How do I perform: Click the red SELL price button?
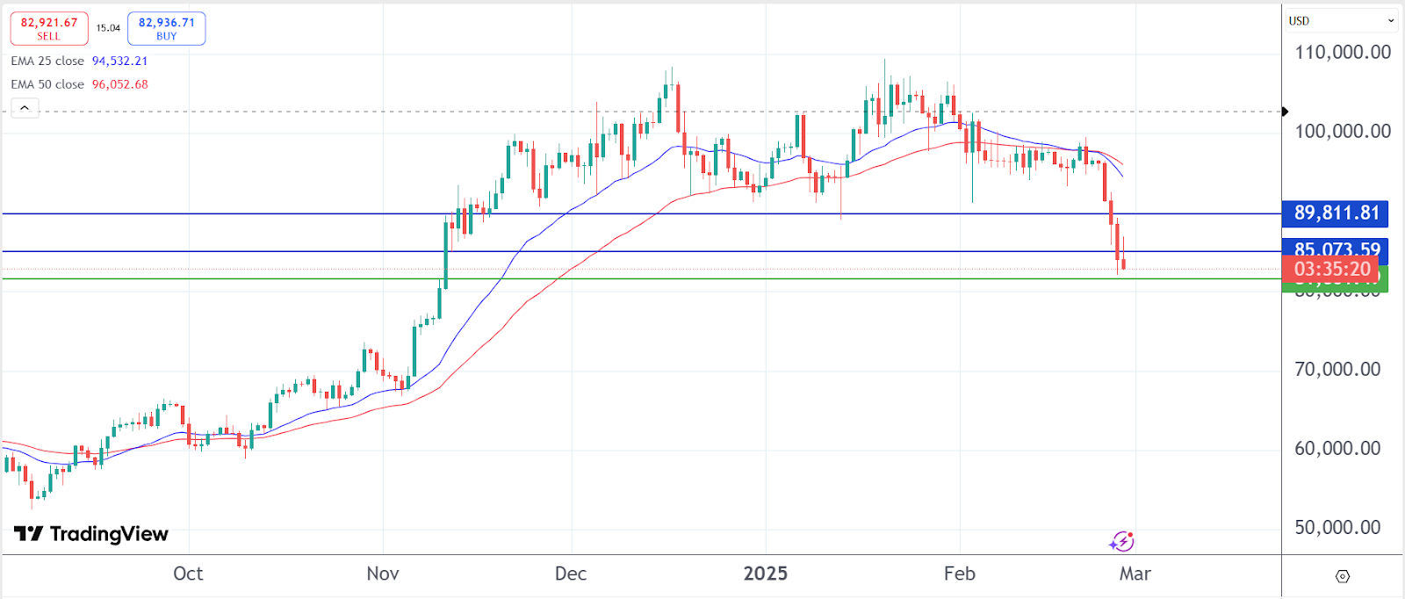[x=49, y=28]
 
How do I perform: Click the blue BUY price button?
[x=166, y=28]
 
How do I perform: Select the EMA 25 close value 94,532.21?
[x=119, y=61]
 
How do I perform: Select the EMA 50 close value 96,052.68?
[x=119, y=84]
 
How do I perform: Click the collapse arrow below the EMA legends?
[x=25, y=108]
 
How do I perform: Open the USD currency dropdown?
[x=1341, y=21]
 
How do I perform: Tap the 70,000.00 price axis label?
[x=1337, y=370]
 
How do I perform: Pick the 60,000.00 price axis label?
[x=1337, y=449]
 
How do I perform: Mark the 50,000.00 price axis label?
[x=1337, y=528]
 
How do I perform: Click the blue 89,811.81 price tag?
[x=1336, y=213]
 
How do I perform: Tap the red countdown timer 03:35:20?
[x=1331, y=270]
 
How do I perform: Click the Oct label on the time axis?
[x=188, y=574]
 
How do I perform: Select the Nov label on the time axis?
[x=383, y=574]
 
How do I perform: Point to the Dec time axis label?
[x=571, y=574]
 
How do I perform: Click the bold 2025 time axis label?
[x=765, y=574]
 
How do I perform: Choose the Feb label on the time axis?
[x=959, y=574]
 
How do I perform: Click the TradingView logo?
[x=91, y=534]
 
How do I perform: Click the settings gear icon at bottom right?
[x=1342, y=576]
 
